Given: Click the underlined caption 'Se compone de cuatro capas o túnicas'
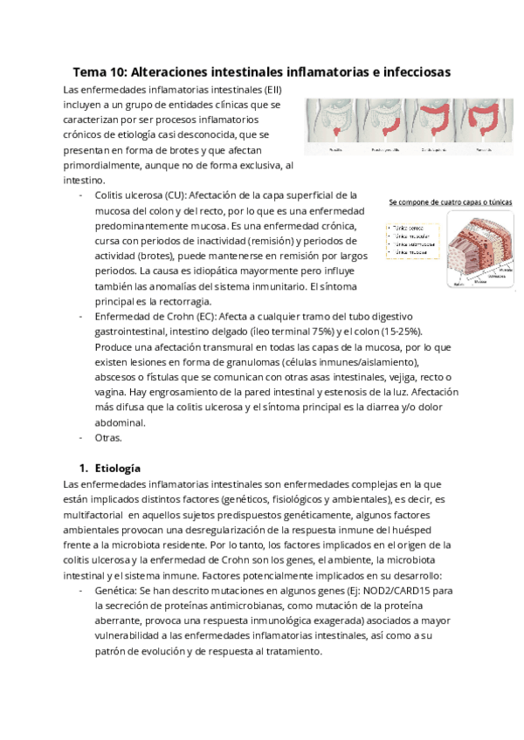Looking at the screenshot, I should (x=450, y=202).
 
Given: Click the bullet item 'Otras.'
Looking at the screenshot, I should (x=107, y=437).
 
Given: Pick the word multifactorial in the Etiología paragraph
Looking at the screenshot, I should (x=95, y=515).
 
